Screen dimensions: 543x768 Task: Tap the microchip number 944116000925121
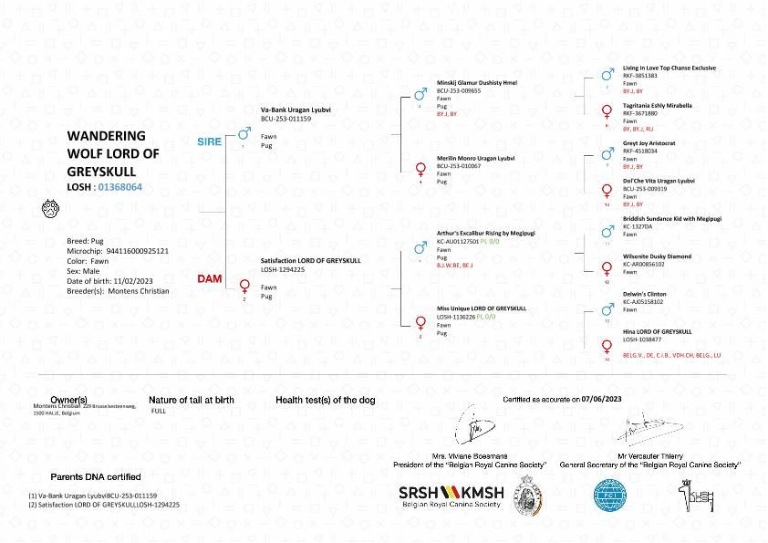click(x=137, y=249)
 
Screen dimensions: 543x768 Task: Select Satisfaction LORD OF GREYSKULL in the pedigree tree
click(x=310, y=260)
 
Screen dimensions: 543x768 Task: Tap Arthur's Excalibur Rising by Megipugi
click(x=485, y=233)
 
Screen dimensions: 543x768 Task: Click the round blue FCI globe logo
click(x=610, y=495)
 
